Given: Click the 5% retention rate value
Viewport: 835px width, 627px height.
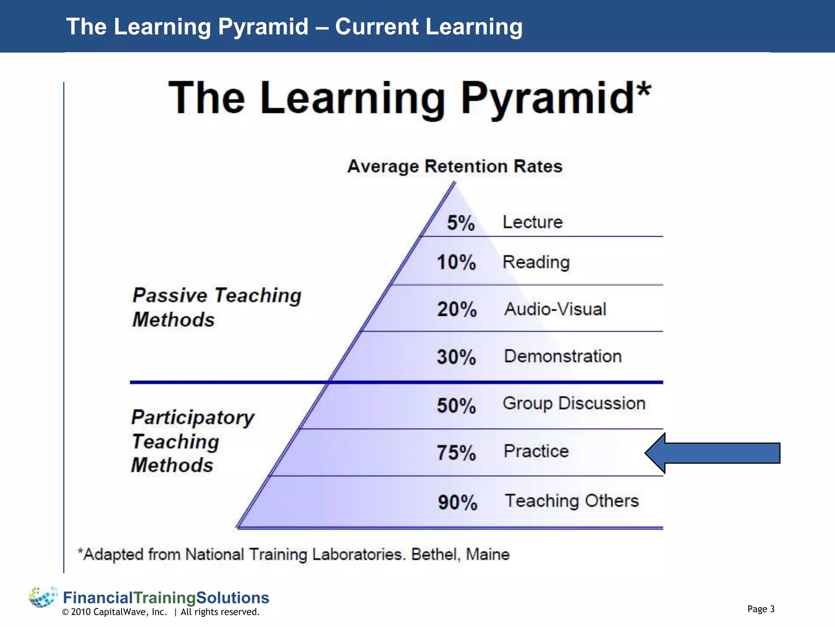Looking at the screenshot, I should click(x=461, y=223).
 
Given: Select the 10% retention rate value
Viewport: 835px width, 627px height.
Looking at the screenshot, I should click(x=456, y=262).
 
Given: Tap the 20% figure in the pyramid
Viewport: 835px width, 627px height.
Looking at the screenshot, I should click(x=457, y=309).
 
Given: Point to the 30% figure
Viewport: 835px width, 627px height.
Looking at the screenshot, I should click(x=456, y=357).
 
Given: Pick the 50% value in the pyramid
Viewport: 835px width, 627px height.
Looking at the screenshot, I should click(x=456, y=406).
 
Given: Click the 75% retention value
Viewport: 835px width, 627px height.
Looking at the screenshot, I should click(x=456, y=453).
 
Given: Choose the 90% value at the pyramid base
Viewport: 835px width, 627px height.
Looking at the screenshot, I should click(x=457, y=502).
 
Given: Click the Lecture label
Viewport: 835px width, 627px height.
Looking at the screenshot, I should click(x=532, y=222).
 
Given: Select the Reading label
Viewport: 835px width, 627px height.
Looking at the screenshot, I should click(x=536, y=262).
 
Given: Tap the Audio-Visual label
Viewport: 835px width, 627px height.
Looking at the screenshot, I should click(x=555, y=309).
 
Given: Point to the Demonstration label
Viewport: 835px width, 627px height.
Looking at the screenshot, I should click(x=563, y=356).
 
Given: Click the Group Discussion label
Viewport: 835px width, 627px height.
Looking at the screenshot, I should click(x=574, y=404).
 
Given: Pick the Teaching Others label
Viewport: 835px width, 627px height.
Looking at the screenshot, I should click(x=572, y=501).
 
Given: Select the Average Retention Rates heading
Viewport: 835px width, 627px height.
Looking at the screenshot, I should click(x=455, y=167).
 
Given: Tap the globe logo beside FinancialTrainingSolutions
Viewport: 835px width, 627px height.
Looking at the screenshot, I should click(x=42, y=597).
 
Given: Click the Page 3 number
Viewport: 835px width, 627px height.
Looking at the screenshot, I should click(x=761, y=609).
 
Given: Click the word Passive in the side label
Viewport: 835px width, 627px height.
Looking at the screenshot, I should click(x=170, y=295).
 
